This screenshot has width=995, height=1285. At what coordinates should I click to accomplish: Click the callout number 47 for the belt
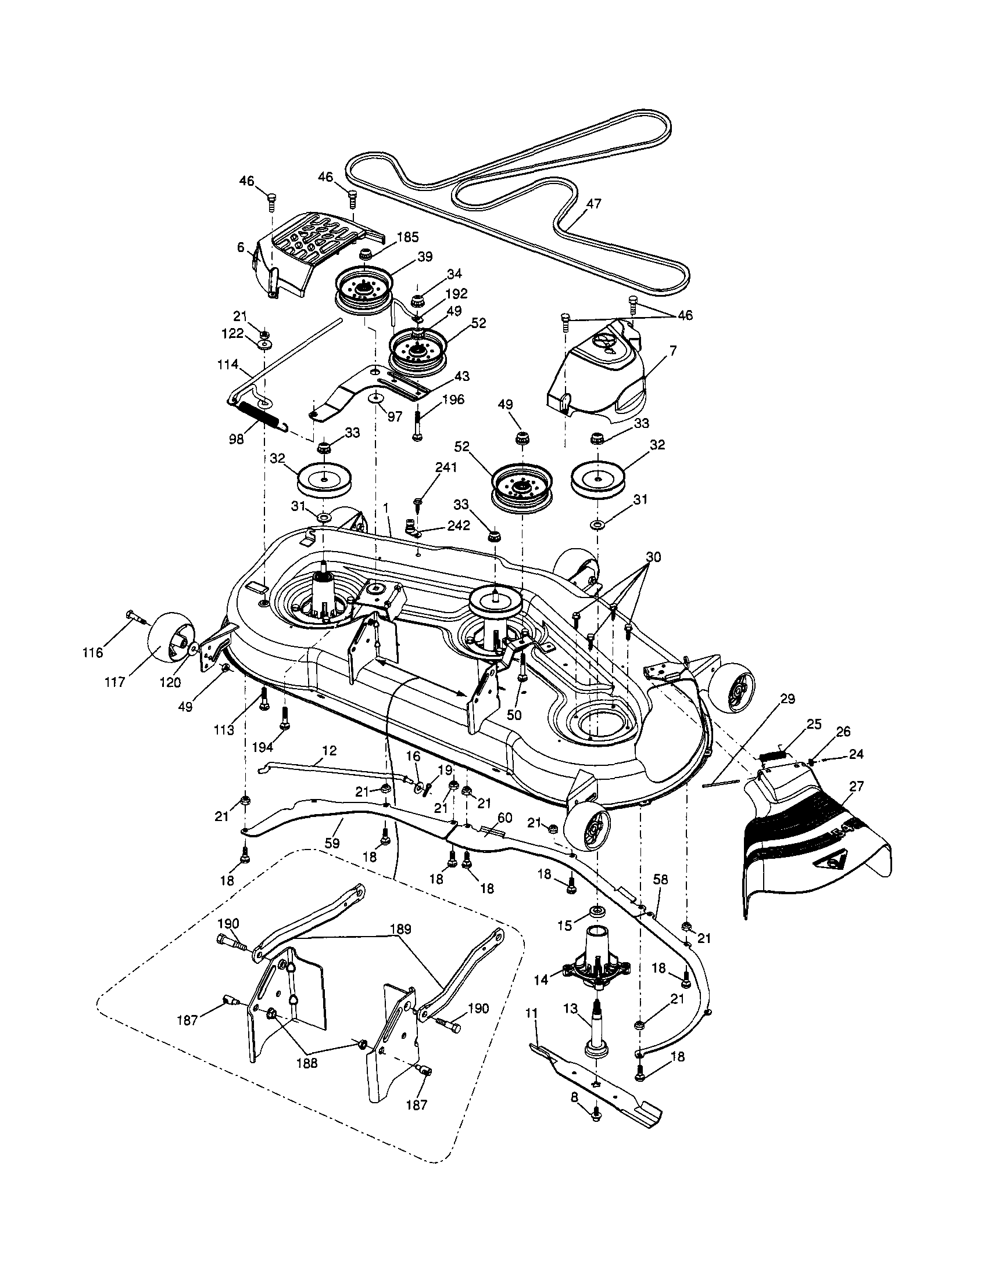[x=594, y=204]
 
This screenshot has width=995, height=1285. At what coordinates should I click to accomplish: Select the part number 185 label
[x=407, y=237]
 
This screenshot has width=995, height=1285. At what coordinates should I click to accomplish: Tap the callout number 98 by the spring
[x=237, y=440]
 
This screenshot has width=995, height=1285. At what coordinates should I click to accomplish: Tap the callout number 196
[x=453, y=399]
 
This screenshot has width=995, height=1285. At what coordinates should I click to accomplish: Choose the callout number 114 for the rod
[x=228, y=364]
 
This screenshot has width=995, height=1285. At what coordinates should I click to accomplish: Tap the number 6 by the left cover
[x=241, y=249]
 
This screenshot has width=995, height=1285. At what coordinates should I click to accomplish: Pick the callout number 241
[x=446, y=468]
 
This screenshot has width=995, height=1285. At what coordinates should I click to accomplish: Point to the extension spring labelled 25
[x=772, y=753]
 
